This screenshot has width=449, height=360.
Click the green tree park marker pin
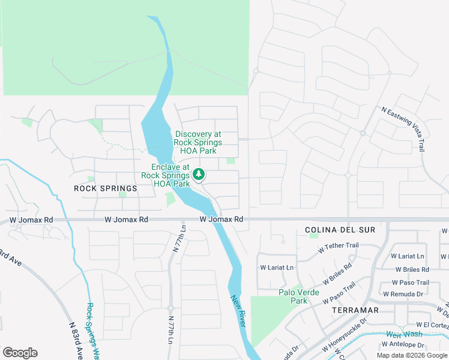pos(199,175)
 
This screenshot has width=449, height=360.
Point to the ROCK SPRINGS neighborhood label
pos(105,188)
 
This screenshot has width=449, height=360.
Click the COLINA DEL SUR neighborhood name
pos(340,230)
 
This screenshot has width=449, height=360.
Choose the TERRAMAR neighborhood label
pos(355,310)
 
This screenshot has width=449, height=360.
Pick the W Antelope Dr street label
pos(403,345)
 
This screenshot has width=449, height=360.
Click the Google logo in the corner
pos(20,353)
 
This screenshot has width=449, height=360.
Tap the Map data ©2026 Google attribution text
pos(412,355)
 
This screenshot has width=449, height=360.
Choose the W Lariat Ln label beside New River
pos(277,268)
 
